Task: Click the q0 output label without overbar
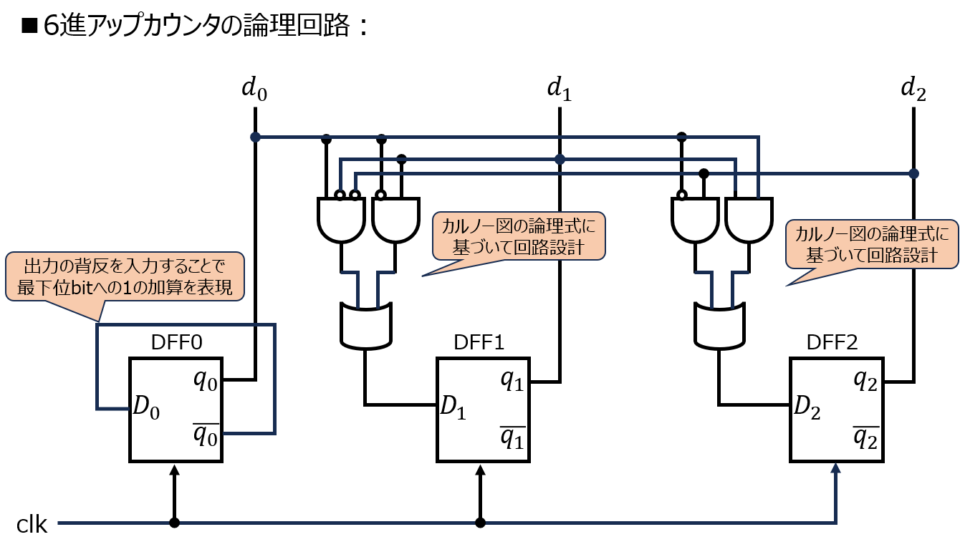(x=205, y=380)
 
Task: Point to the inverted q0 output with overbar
(x=205, y=435)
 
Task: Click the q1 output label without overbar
(x=512, y=380)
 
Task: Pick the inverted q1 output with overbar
(x=512, y=435)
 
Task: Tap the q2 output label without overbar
(x=865, y=380)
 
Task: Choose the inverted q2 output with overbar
(x=865, y=435)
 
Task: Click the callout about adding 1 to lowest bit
(x=125, y=276)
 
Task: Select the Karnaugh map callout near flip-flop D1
(x=519, y=236)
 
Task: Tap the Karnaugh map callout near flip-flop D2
(x=871, y=244)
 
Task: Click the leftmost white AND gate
(x=341, y=220)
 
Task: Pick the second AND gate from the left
(x=395, y=220)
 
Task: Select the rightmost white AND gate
(x=749, y=220)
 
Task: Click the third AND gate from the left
(x=695, y=220)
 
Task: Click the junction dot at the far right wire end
(x=913, y=173)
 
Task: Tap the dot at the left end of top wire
(x=255, y=137)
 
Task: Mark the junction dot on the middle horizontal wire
(x=560, y=159)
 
